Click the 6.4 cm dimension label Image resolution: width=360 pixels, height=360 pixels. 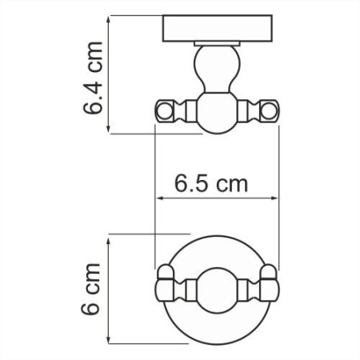pos(94,74)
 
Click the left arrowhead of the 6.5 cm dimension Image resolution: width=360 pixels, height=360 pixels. pos(158,200)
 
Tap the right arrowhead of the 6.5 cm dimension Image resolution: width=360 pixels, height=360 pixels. pos(276,200)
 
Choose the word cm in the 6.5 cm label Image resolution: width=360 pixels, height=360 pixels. pos(231,184)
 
